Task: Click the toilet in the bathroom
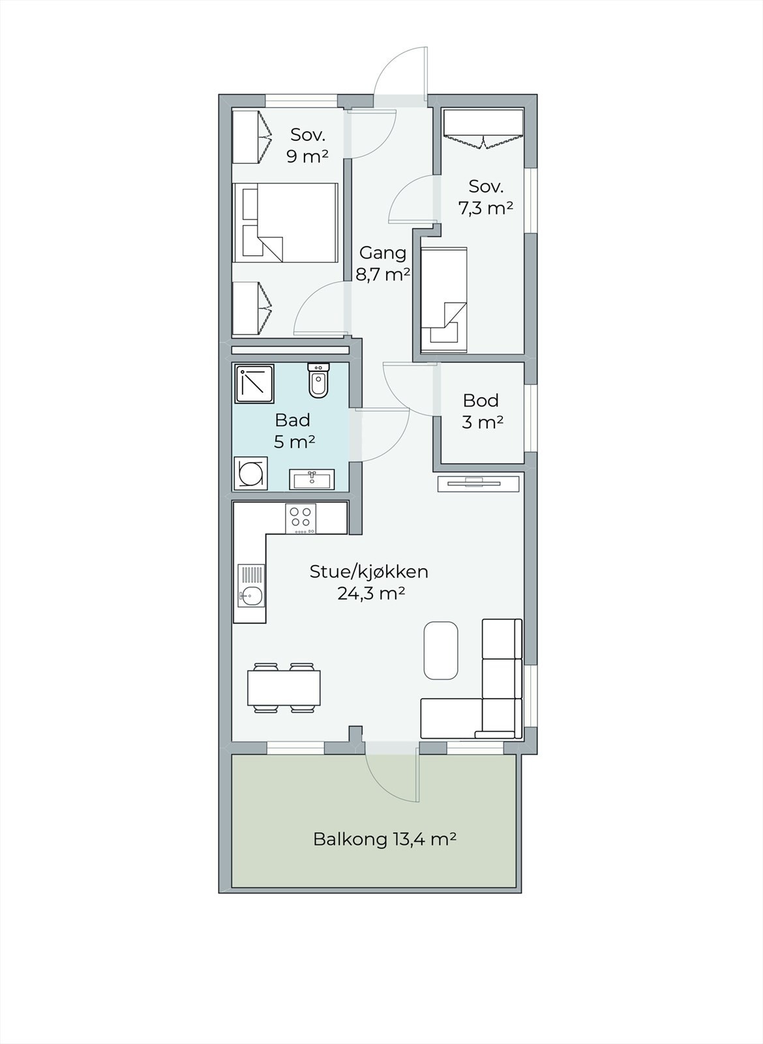[319, 380]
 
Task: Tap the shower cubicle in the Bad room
[254, 384]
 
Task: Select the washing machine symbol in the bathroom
[251, 473]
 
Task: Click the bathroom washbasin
[312, 479]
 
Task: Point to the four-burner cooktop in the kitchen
[301, 519]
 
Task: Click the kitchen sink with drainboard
[251, 585]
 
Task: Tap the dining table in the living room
[284, 688]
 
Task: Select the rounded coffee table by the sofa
[441, 650]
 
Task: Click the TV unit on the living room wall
[479, 484]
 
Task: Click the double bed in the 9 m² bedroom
[285, 223]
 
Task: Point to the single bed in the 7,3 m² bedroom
[443, 299]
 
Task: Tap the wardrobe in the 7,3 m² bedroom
[483, 129]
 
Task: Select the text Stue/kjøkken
[369, 572]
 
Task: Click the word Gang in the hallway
[383, 253]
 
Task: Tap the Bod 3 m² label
[482, 411]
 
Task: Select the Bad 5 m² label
[293, 430]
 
